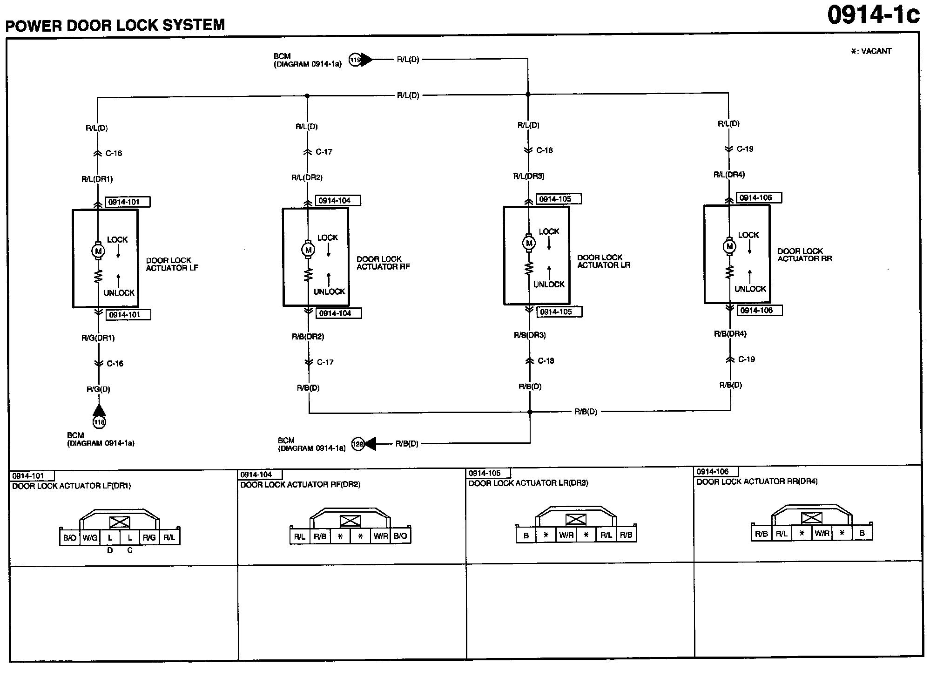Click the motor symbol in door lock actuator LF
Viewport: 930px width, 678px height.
coord(98,251)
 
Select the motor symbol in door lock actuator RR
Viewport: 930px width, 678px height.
coord(729,246)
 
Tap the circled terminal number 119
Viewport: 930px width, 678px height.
coord(355,60)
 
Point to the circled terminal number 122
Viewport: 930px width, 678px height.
coord(357,444)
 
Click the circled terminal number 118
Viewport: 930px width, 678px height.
coord(99,422)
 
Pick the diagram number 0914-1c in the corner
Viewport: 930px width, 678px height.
coord(873,15)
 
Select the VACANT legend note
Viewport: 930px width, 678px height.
coord(871,51)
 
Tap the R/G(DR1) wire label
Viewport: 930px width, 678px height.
coord(98,338)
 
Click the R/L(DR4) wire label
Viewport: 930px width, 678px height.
coord(729,175)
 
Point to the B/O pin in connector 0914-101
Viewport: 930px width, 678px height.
coord(70,538)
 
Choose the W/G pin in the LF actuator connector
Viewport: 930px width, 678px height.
coord(90,538)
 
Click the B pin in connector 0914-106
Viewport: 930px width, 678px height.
coord(862,533)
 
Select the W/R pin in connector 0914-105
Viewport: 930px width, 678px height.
coord(566,535)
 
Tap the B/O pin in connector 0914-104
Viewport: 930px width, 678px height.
coord(400,536)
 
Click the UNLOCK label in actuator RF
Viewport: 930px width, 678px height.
coord(329,292)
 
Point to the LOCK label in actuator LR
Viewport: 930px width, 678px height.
coord(549,232)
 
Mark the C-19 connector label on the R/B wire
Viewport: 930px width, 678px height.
coord(747,359)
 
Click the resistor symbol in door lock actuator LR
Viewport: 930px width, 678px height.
coord(529,268)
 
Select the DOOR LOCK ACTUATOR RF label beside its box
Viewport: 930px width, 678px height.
coord(383,263)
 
